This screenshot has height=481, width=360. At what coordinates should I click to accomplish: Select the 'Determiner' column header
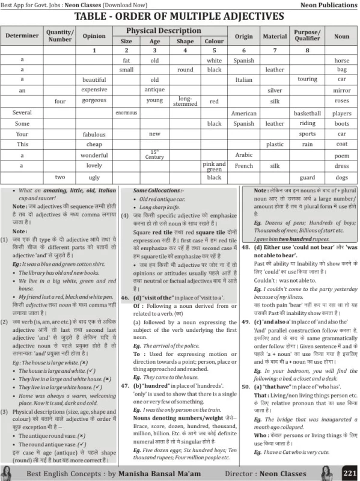(22, 36)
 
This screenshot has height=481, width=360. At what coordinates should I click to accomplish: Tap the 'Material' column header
(275, 37)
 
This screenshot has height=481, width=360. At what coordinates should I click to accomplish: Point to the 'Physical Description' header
(163, 31)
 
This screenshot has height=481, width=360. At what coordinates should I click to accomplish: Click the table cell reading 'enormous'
(126, 112)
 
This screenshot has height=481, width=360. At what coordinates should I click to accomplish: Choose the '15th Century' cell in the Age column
(154, 155)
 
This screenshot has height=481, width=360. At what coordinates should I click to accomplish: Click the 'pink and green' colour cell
(214, 166)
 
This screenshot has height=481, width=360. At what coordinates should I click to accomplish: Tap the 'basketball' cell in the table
(307, 113)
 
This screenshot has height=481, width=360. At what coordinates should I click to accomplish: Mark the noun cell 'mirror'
(341, 90)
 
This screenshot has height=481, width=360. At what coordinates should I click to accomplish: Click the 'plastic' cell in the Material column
(275, 144)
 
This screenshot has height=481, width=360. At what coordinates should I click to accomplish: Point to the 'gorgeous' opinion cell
(94, 101)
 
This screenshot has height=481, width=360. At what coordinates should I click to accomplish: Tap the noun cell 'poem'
(341, 155)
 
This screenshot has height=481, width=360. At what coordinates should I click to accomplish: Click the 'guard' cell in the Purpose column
(307, 178)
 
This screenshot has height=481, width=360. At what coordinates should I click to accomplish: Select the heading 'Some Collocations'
(154, 191)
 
